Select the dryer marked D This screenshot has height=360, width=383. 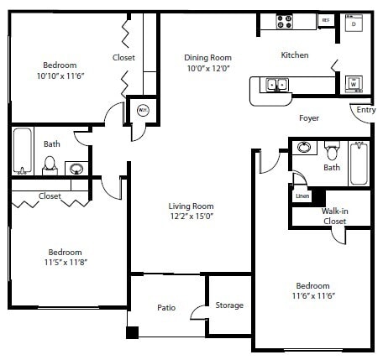[x=354, y=24]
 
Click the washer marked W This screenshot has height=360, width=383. [x=354, y=84]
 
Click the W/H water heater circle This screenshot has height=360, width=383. [x=143, y=110]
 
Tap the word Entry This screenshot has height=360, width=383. [x=365, y=110]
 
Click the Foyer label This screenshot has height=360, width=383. [x=309, y=119]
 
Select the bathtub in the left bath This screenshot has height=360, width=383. [x=22, y=151]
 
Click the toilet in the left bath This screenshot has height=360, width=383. [x=50, y=163]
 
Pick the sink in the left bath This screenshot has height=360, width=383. [x=76, y=167]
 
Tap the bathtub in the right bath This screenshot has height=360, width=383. [x=359, y=163]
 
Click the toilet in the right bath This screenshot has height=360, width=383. [x=332, y=152]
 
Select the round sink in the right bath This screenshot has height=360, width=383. [x=303, y=149]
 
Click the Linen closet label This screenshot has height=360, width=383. [x=302, y=196]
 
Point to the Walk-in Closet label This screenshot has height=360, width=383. [x=334, y=216]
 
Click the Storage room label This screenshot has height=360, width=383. [x=228, y=305]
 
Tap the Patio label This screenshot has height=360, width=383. [x=166, y=308]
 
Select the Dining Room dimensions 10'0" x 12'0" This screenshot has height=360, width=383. [x=207, y=69]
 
